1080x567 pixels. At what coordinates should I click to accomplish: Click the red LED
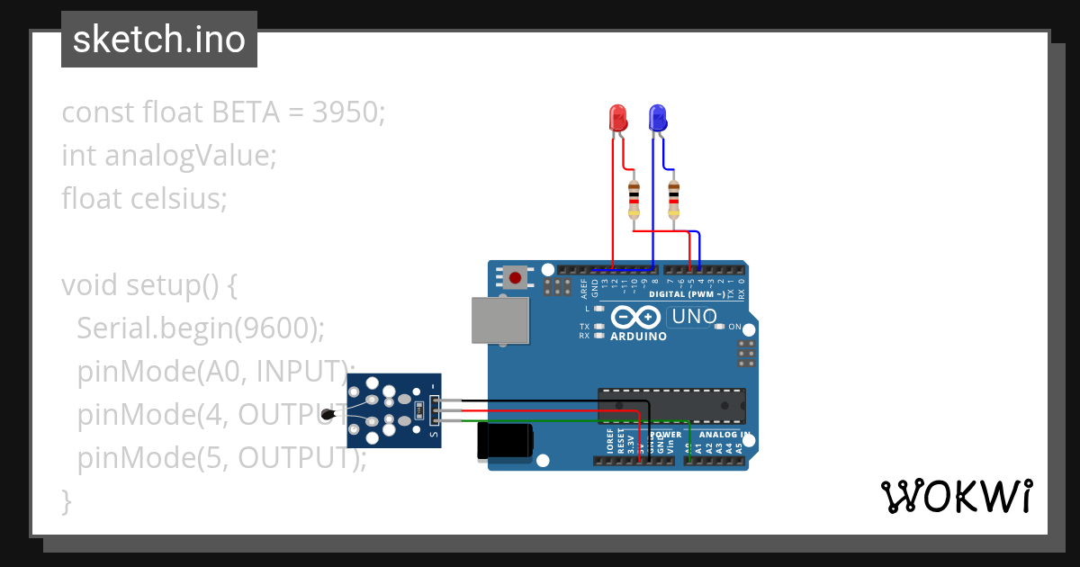(617, 118)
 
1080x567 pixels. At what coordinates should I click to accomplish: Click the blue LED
(657, 118)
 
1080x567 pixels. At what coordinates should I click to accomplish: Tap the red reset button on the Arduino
(515, 277)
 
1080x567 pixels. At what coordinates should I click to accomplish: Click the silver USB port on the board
(500, 321)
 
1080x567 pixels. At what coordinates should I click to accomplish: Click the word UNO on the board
(695, 317)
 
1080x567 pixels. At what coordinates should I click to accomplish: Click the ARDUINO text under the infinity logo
(639, 337)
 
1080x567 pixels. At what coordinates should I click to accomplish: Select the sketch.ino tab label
(159, 40)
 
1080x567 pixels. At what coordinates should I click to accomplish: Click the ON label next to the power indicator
(733, 327)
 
